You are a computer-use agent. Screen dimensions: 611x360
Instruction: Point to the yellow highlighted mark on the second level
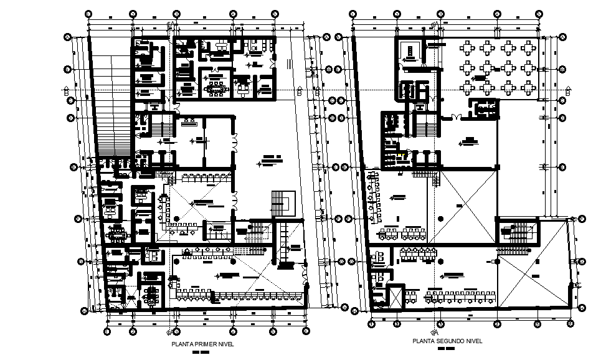(x=399, y=149)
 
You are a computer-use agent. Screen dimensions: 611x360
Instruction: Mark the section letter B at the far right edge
(x=568, y=93)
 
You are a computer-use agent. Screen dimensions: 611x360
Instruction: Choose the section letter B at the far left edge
(x=66, y=92)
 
